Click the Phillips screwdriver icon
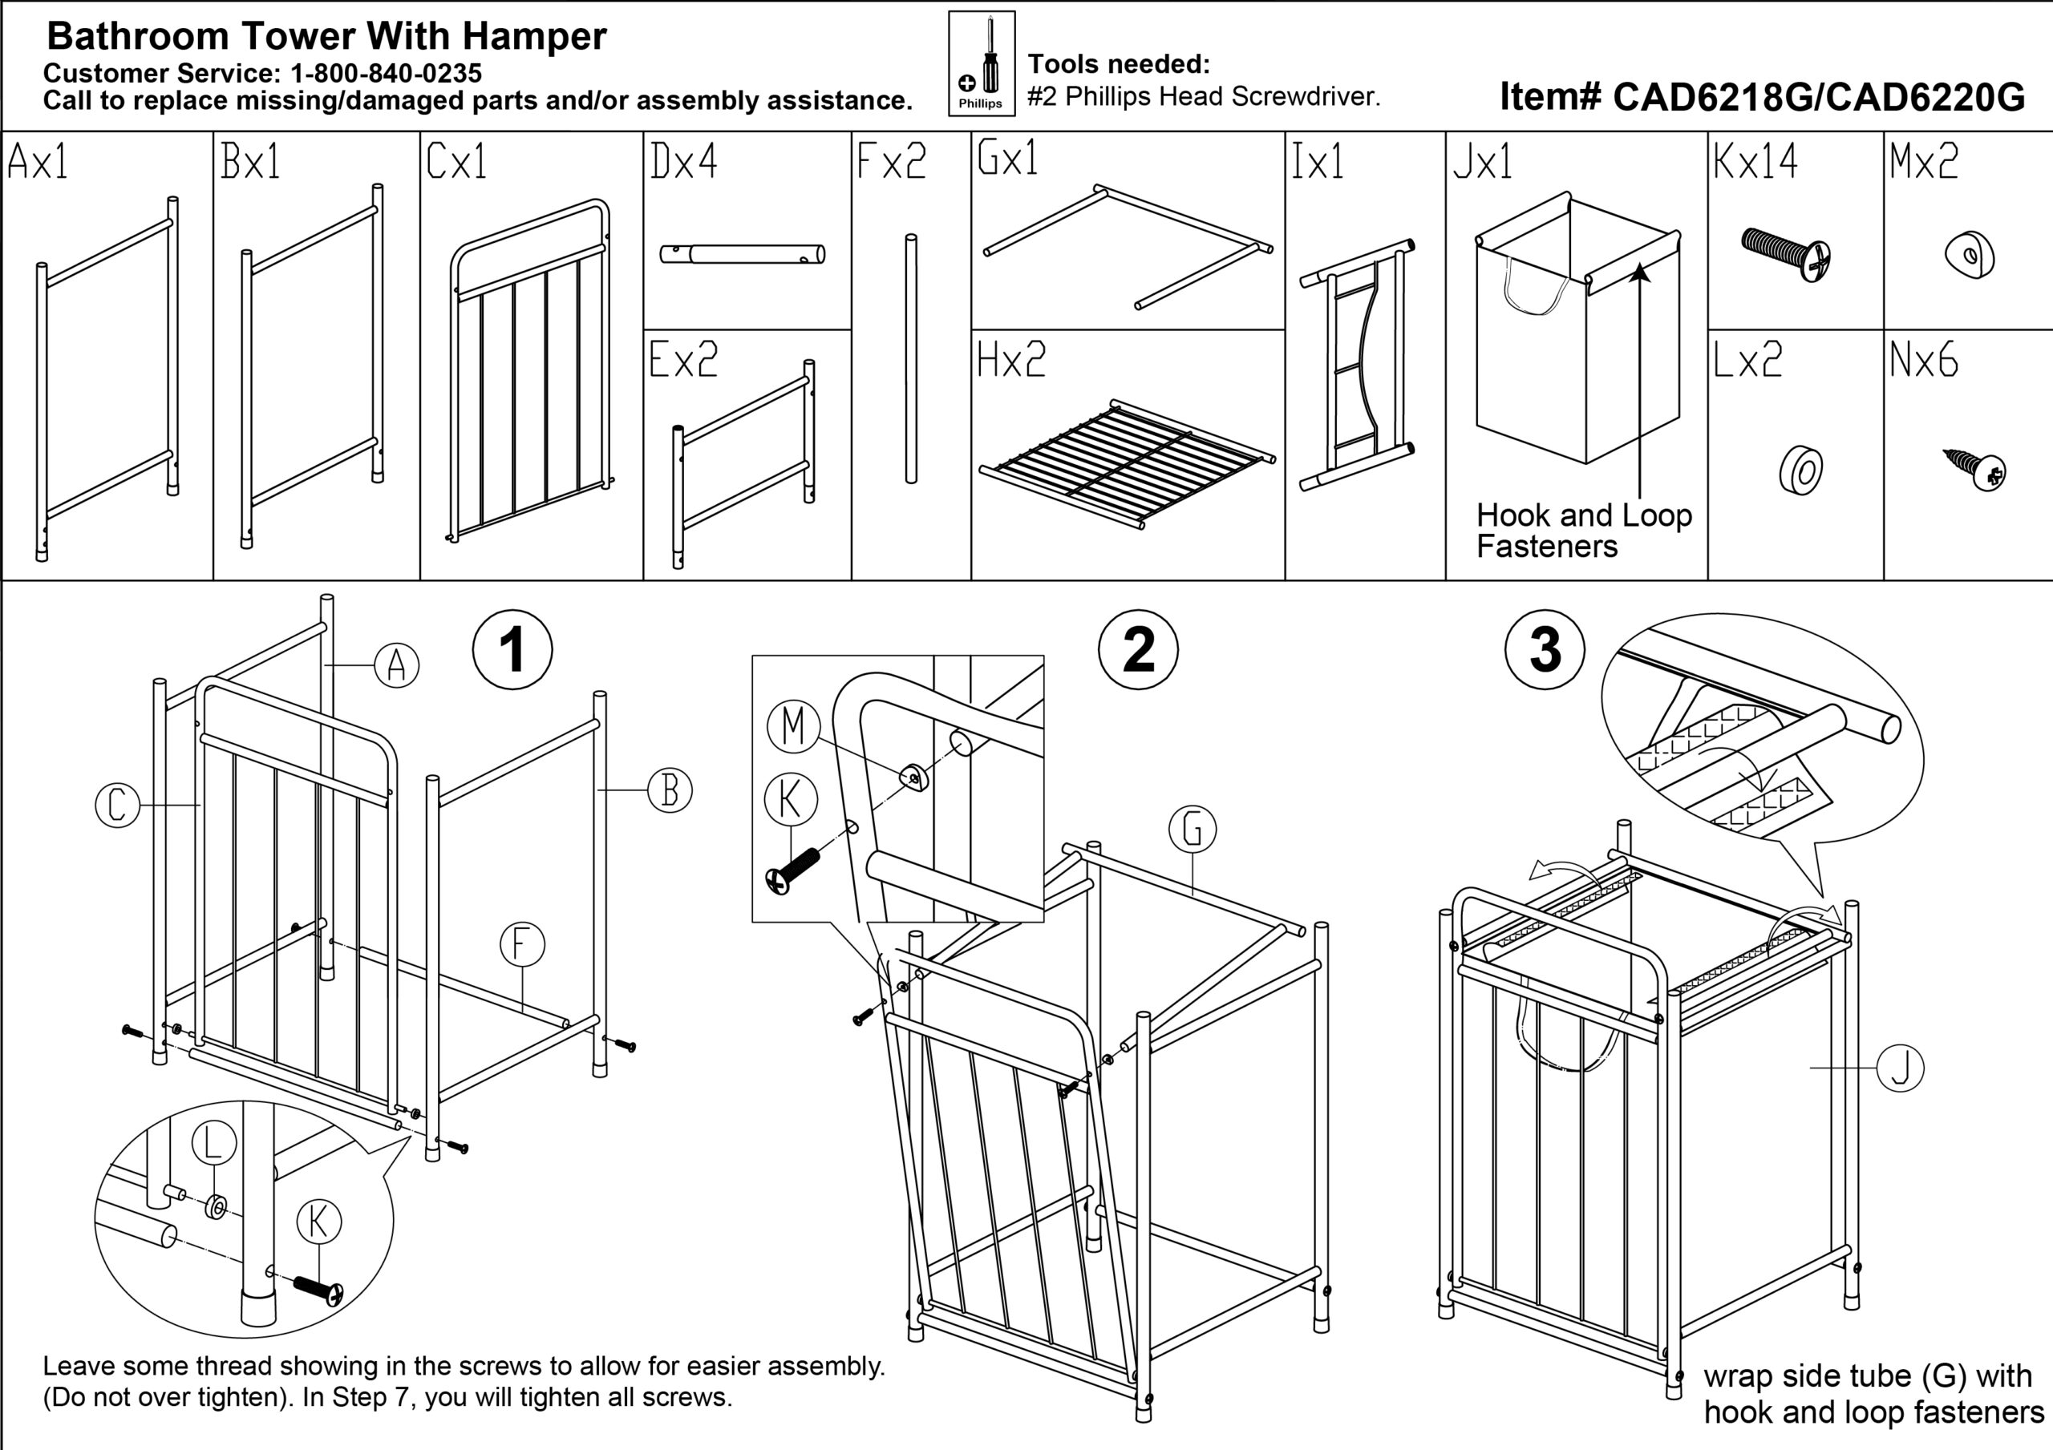(x=982, y=63)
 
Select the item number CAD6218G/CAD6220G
(x=1762, y=96)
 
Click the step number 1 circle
(x=512, y=650)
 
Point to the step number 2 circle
(x=1138, y=650)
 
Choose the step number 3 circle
(x=1545, y=650)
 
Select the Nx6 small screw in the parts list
(x=1977, y=468)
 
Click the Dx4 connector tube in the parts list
(x=742, y=255)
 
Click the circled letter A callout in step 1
(x=397, y=665)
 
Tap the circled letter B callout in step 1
(x=670, y=790)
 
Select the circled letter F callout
(x=523, y=945)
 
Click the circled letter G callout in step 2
(x=1193, y=830)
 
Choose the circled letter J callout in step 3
(x=1900, y=1068)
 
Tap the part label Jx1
(x=1483, y=162)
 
